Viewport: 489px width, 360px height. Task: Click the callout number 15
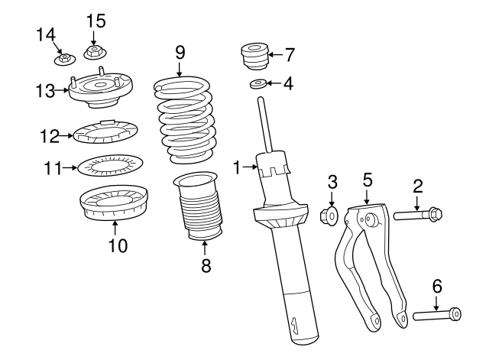pos(96,21)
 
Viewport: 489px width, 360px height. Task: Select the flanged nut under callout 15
pos(96,52)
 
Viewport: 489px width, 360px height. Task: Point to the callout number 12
pos(50,136)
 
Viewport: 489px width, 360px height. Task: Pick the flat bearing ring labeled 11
pos(110,165)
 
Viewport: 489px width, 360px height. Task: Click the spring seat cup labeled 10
pos(114,203)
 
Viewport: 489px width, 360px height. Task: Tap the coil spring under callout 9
pos(184,121)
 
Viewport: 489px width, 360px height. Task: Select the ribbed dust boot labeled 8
pos(198,206)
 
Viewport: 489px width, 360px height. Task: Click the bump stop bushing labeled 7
pos(254,57)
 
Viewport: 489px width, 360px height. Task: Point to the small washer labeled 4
pos(257,84)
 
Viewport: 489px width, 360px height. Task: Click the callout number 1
pos(238,167)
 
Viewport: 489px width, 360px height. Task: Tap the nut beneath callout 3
pos(329,215)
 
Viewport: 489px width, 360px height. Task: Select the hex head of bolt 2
pos(436,213)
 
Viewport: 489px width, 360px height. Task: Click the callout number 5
pos(368,181)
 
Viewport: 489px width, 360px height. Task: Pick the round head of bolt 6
pos(455,314)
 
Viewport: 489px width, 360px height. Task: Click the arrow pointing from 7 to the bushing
pos(275,54)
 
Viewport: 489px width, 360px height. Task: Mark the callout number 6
pos(437,287)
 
